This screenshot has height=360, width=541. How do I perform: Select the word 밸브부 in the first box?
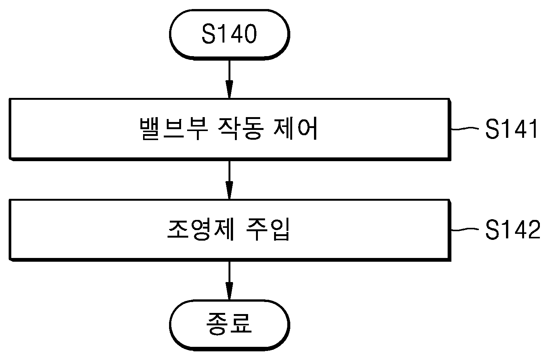tap(174, 128)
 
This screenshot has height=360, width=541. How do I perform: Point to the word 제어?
tap(295, 128)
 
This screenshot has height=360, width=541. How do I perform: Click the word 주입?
tap(268, 230)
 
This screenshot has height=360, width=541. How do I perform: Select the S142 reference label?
tap(512, 230)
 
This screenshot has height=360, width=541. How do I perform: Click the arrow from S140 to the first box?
tap(229, 79)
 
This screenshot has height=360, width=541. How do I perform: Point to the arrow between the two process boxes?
tap(229, 180)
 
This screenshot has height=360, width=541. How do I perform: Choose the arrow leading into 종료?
tap(229, 281)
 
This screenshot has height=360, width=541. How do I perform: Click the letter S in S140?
tap(209, 34)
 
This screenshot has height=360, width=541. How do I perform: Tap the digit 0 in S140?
tap(250, 34)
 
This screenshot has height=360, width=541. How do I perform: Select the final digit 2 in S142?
tap(533, 230)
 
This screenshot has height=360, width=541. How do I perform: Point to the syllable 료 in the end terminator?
tap(241, 324)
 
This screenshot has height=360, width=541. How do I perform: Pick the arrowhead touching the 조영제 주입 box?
tap(229, 191)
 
